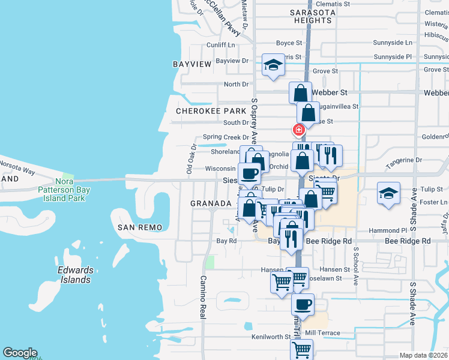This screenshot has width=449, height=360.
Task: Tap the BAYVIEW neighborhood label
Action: [x=192, y=64]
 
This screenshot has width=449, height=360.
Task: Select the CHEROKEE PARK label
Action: [x=211, y=111]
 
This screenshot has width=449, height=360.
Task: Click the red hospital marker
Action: [x=298, y=130]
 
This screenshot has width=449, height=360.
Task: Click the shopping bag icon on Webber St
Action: [x=300, y=93]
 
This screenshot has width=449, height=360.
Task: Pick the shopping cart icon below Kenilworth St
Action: [x=301, y=349]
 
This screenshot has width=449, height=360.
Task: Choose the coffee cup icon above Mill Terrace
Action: [x=303, y=304]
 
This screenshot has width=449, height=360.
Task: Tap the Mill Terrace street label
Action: [x=322, y=333]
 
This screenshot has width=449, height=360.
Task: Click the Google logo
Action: [x=20, y=353]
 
